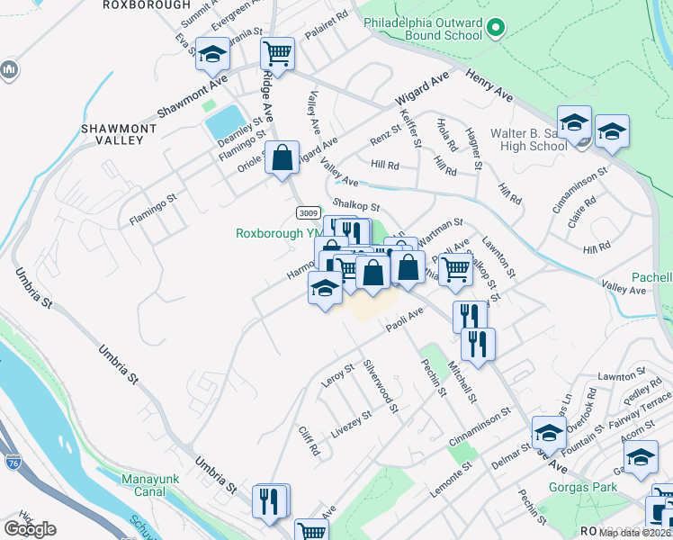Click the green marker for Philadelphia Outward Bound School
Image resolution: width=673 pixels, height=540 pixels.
click(494, 30)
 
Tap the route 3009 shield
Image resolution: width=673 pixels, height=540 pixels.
click(307, 211)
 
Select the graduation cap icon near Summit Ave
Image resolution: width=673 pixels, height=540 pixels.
click(213, 55)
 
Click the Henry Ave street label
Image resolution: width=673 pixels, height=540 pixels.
click(489, 84)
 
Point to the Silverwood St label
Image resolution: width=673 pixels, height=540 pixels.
click(381, 388)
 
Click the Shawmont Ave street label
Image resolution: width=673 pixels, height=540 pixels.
click(192, 96)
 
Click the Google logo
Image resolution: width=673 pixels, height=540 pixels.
click(30, 528)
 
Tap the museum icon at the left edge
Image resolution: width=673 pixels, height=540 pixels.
click(9, 69)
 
